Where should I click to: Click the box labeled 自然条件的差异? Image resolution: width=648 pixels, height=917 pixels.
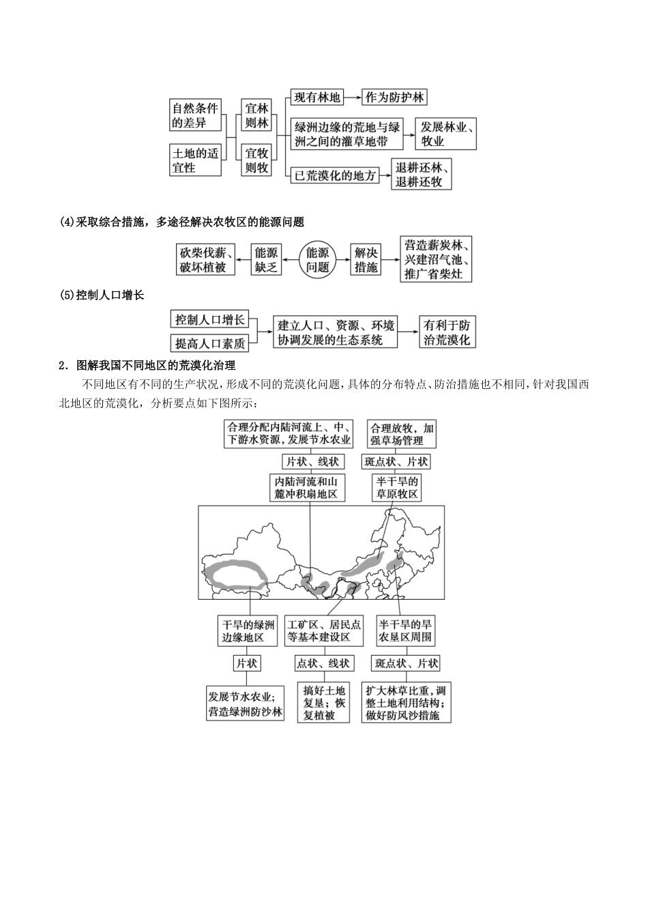(x=196, y=115)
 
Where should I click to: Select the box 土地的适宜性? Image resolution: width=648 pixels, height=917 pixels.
(x=196, y=160)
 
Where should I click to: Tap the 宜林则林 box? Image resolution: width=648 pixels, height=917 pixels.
(x=257, y=115)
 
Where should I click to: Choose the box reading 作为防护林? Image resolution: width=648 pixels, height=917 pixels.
(x=395, y=97)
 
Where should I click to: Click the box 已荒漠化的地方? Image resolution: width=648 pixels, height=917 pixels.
(x=335, y=175)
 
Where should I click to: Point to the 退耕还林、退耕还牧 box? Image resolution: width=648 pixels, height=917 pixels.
(x=424, y=175)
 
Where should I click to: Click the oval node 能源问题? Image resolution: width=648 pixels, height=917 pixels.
(x=318, y=260)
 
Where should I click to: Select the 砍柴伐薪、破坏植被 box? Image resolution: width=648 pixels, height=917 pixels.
(x=207, y=260)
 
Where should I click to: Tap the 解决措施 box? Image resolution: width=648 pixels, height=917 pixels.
(x=366, y=260)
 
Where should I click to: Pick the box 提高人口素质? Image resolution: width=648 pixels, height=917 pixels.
(x=209, y=343)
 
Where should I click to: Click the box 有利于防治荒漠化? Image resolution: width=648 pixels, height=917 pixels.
(x=447, y=332)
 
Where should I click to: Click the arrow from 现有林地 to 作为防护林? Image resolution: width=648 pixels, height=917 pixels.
(x=353, y=97)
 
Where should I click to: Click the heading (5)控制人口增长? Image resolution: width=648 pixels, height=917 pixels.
(x=102, y=295)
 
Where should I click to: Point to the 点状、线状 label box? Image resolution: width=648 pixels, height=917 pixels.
(x=323, y=663)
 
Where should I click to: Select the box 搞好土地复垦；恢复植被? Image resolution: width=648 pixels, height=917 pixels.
(x=324, y=703)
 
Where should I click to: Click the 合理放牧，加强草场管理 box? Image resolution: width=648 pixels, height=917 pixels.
(x=401, y=434)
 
